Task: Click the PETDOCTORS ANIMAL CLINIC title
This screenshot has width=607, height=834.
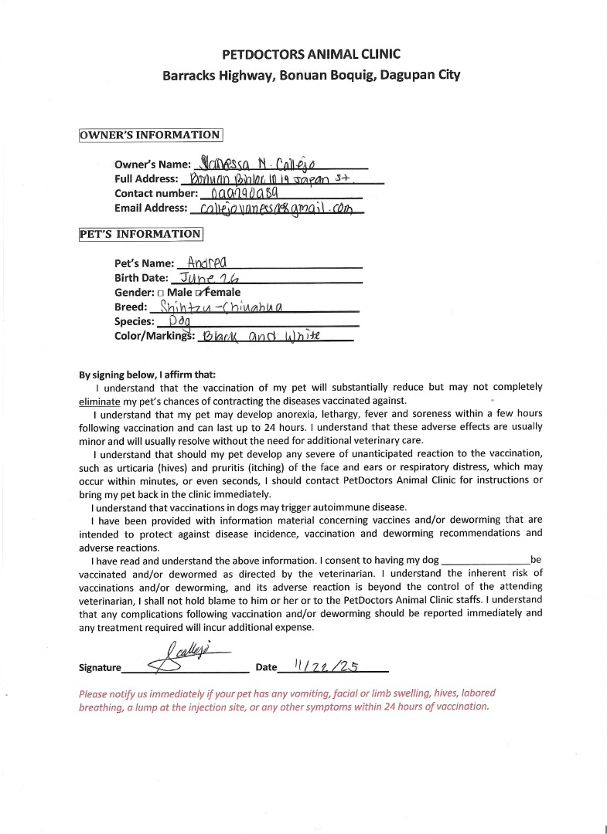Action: pos(311,54)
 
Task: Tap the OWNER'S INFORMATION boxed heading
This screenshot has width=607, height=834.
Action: pos(151,135)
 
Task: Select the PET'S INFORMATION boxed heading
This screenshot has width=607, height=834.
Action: pos(141,234)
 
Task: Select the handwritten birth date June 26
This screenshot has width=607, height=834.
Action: pos(208,277)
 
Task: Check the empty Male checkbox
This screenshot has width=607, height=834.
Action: pos(160,293)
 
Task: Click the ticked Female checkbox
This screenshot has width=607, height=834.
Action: pos(199,293)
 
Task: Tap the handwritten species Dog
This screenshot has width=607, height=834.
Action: pos(174,320)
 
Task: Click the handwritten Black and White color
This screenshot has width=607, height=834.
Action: pos(259,336)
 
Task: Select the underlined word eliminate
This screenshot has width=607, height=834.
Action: pos(100,402)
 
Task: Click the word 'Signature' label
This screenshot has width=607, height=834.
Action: pos(101,668)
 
